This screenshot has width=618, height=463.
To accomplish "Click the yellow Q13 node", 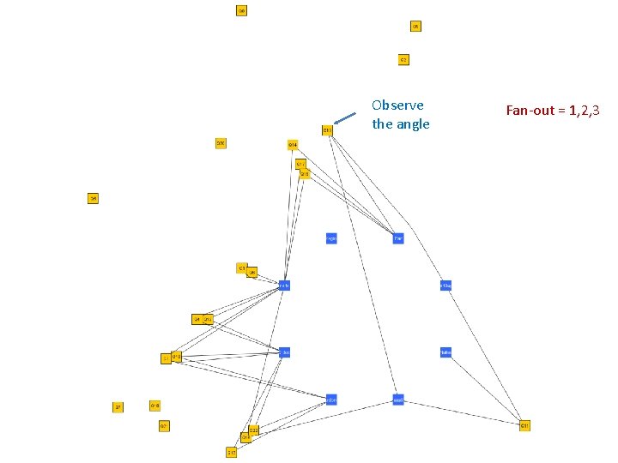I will (x=327, y=130).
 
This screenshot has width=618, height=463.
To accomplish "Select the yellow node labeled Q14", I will (x=293, y=144).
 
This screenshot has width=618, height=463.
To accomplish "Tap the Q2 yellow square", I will (x=403, y=59).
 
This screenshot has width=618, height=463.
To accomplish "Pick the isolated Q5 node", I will (x=93, y=198).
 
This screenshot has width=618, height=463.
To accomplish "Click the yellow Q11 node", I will (x=524, y=425).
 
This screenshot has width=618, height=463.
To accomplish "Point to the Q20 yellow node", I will (x=221, y=143).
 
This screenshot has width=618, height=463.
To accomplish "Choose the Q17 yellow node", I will (x=232, y=452).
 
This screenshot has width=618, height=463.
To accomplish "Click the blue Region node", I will (x=331, y=238).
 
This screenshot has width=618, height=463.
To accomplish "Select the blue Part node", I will (x=398, y=238).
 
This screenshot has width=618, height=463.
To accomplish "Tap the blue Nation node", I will (x=445, y=352).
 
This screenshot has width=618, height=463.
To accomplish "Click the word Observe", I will (x=397, y=105).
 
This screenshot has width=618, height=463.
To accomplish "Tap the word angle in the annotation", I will (x=413, y=124).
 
